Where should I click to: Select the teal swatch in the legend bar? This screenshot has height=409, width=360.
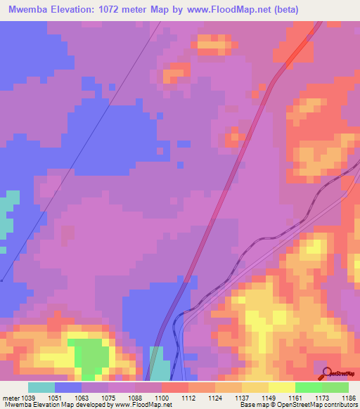tap(41, 387)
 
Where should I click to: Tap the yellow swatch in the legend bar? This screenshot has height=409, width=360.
tap(281, 387)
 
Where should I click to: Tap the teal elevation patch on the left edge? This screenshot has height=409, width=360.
tap(7, 211)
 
